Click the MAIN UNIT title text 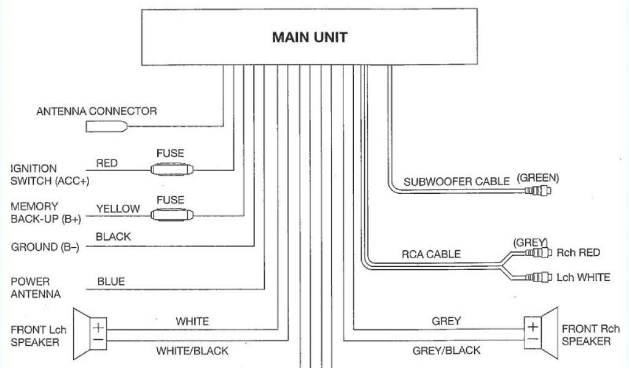[x=309, y=37]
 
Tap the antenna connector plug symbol [x=107, y=126]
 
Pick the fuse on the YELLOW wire [x=173, y=215]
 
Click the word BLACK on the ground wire [x=114, y=237]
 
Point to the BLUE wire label [x=111, y=282]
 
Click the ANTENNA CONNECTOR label [x=96, y=112]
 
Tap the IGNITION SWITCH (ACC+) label [x=42, y=175]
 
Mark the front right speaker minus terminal [x=533, y=339]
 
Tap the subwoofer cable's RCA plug [x=538, y=191]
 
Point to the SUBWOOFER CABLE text [x=456, y=182]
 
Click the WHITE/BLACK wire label [x=192, y=351]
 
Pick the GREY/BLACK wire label [x=446, y=351]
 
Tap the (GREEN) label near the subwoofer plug [x=538, y=178]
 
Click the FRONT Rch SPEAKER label [x=590, y=335]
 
